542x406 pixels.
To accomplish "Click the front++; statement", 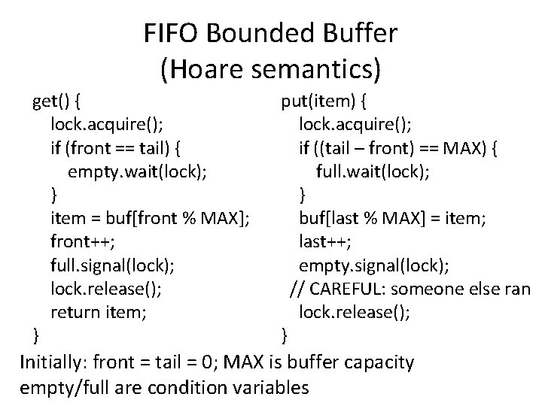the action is point(82,241).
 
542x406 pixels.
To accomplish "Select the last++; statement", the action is point(325,241).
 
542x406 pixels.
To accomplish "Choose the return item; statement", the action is point(99,312).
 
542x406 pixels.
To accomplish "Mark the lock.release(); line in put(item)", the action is point(354,312).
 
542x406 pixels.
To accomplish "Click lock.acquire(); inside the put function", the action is point(354,123).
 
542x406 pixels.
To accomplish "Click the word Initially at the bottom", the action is point(52,362).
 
